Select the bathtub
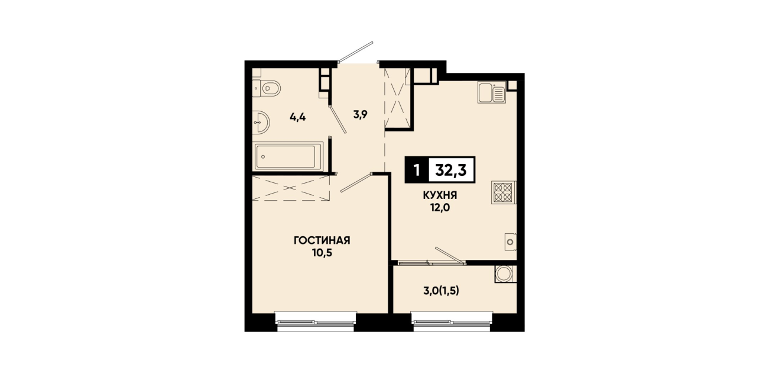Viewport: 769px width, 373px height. pyautogui.click(x=288, y=156)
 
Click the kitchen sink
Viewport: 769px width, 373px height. pyautogui.click(x=492, y=92)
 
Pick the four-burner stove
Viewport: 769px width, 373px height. pyautogui.click(x=504, y=192)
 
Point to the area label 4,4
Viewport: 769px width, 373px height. pyautogui.click(x=298, y=118)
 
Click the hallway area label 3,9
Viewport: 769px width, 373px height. pyautogui.click(x=361, y=114)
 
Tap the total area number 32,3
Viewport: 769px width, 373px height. pyautogui.click(x=451, y=170)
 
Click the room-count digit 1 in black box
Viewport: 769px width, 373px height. pyautogui.click(x=417, y=170)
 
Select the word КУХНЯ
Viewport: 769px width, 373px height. pyautogui.click(x=440, y=195)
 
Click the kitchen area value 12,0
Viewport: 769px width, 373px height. pyautogui.click(x=440, y=208)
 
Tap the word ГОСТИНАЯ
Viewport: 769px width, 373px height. pyautogui.click(x=322, y=240)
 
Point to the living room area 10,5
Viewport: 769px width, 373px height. pyautogui.click(x=322, y=253)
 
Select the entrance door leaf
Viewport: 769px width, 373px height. pyautogui.click(x=356, y=52)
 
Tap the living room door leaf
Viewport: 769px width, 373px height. pyautogui.click(x=356, y=183)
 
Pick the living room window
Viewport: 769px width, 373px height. pyautogui.click(x=316, y=321)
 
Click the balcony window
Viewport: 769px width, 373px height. pyautogui.click(x=452, y=321)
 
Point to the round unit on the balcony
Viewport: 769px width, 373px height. pyautogui.click(x=506, y=274)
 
